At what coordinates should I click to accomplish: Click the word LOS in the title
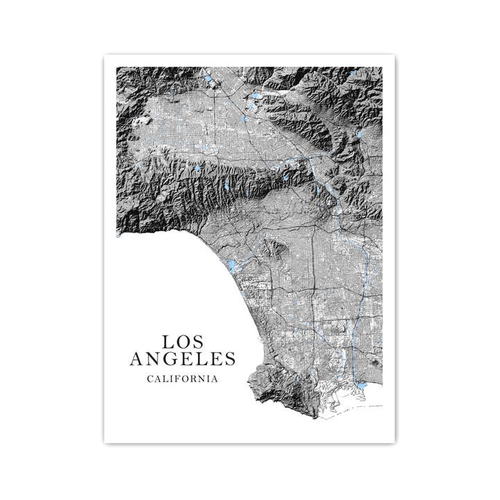click(183, 342)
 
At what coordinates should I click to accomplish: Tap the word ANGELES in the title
click(183, 359)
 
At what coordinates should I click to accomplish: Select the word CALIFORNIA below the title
click(183, 378)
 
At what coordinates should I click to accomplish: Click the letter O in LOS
click(183, 342)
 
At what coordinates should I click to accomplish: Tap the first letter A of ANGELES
click(137, 359)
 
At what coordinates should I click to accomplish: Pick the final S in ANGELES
click(230, 359)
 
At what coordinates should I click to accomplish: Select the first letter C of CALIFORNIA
click(150, 378)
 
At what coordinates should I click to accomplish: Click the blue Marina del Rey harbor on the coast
click(231, 266)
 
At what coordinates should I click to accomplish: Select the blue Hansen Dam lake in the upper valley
click(256, 94)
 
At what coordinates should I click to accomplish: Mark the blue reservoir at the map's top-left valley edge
click(208, 79)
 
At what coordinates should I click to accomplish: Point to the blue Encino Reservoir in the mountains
click(197, 168)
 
